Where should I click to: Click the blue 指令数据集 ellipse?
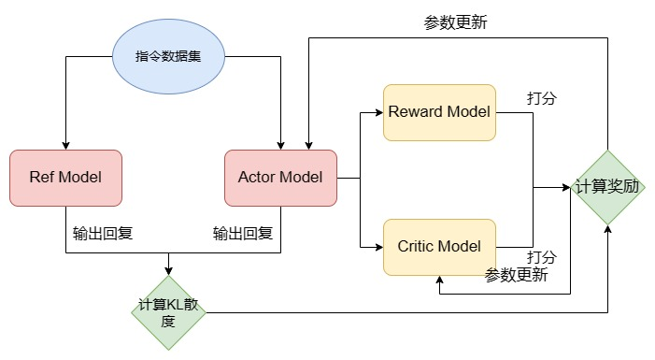[x=168, y=55]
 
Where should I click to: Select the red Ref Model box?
[x=65, y=178]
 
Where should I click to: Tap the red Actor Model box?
[x=280, y=178]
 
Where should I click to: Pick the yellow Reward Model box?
[x=439, y=112]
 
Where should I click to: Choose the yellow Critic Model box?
[x=439, y=247]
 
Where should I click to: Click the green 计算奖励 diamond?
[x=608, y=187]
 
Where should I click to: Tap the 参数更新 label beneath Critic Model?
[x=516, y=275]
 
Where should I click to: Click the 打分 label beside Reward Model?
[x=541, y=98]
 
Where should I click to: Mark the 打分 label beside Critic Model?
[x=541, y=256]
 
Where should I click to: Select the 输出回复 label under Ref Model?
[x=103, y=233]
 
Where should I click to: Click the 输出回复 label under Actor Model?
[x=243, y=233]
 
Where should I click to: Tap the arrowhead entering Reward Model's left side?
[x=378, y=112]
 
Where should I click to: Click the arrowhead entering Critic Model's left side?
[x=378, y=247]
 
